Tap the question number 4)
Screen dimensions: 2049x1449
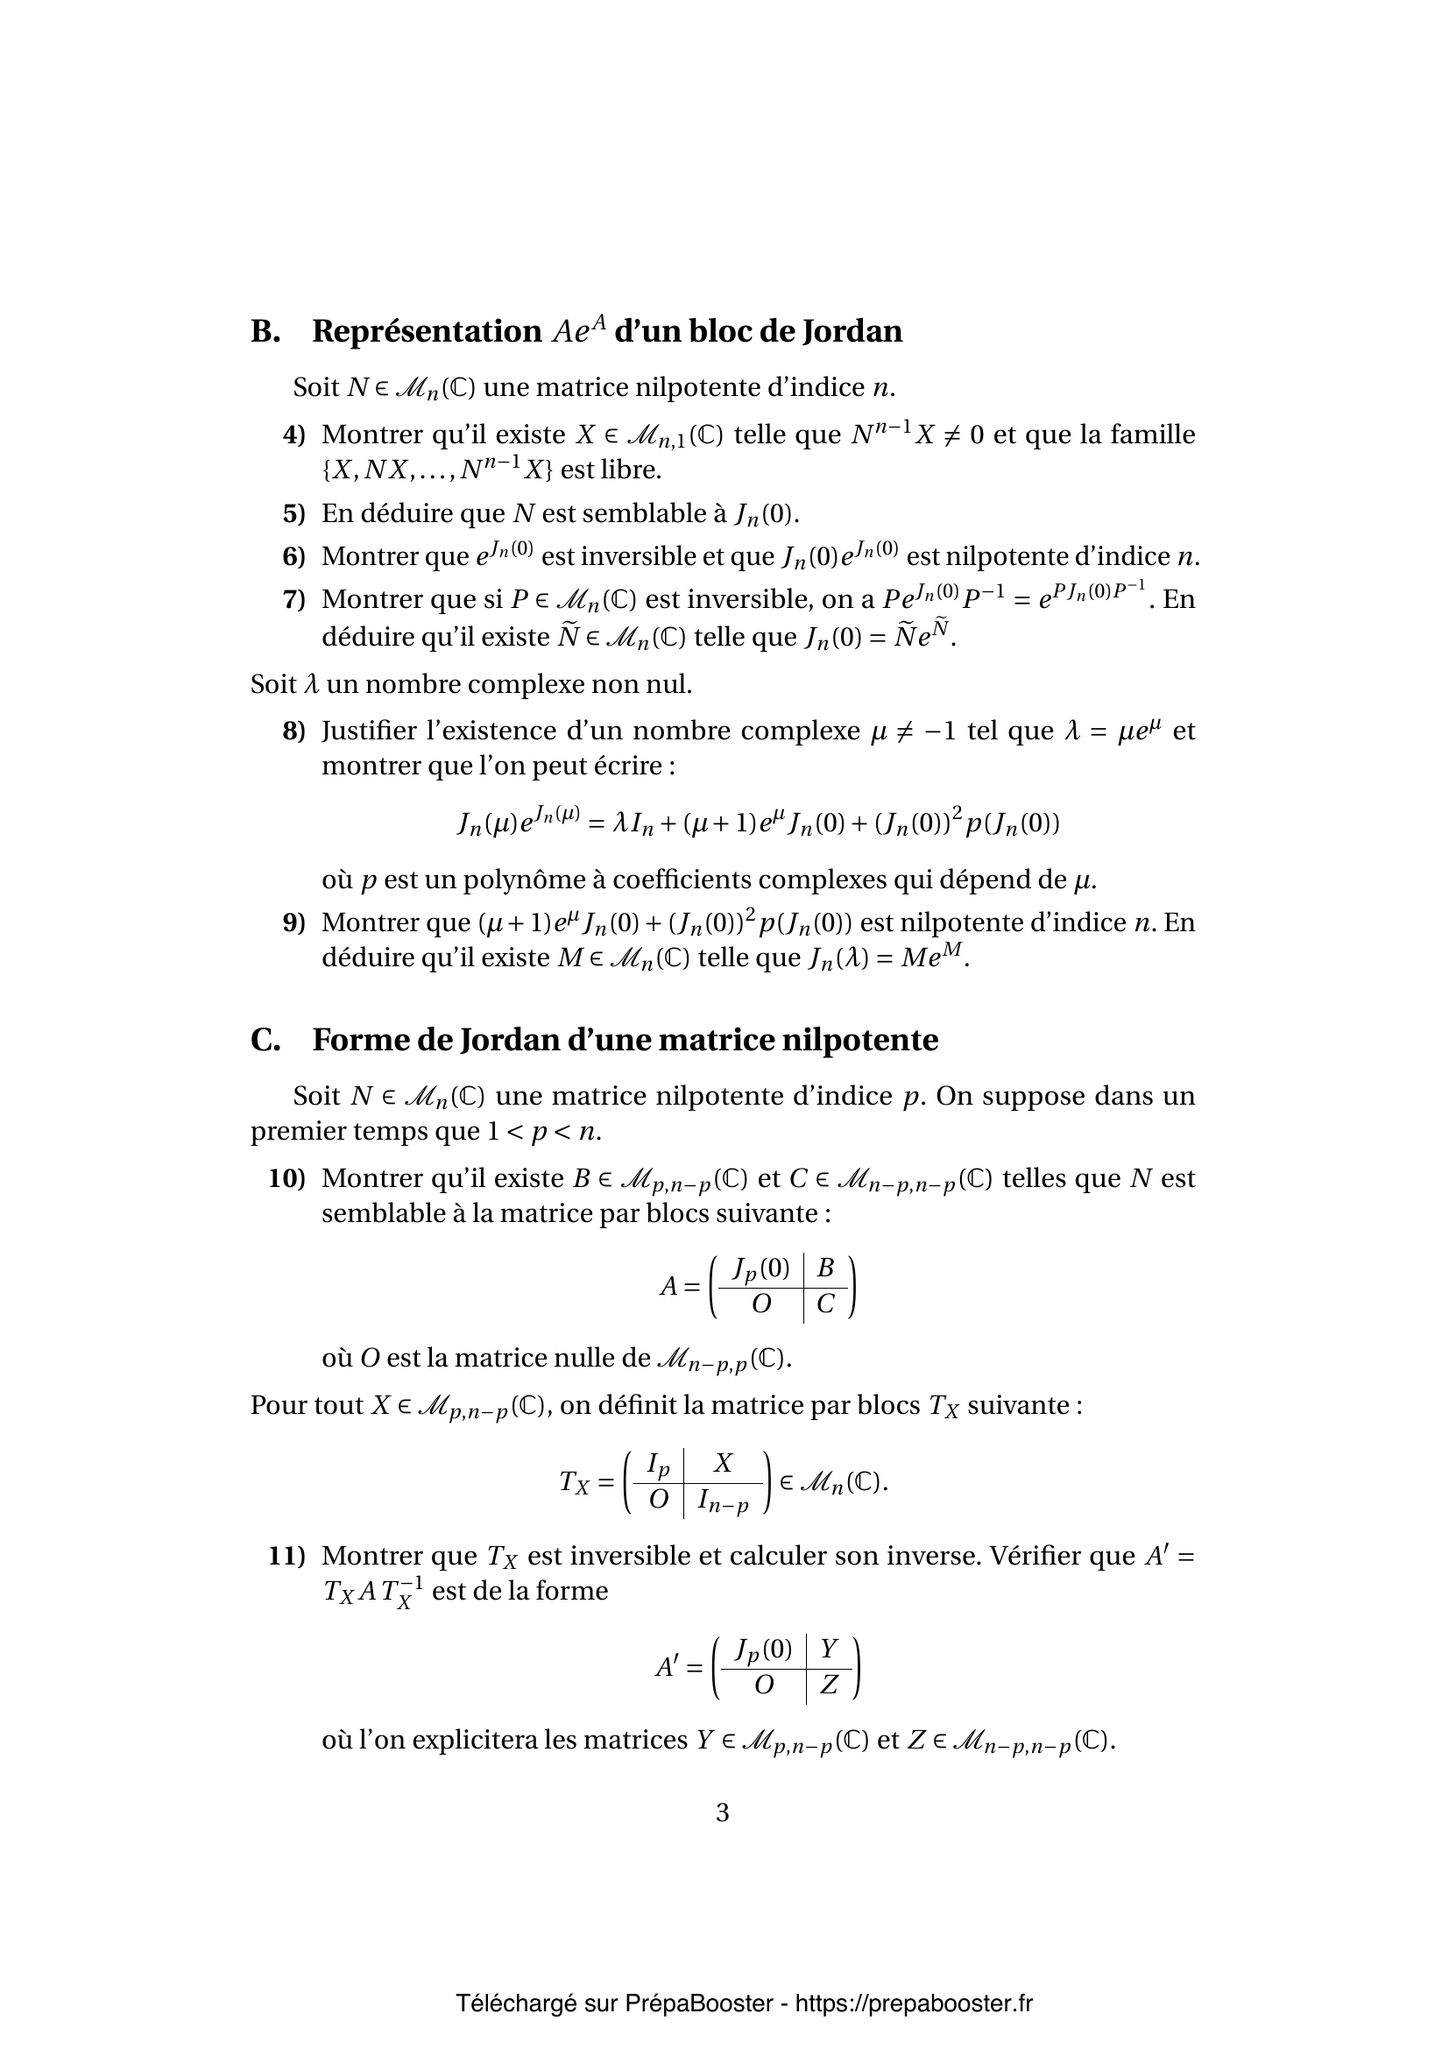[x=293, y=435]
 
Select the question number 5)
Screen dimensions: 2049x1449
[x=293, y=513]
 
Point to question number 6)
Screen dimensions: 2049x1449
[x=293, y=556]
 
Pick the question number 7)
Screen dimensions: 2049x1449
[x=293, y=599]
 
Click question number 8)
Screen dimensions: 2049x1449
[x=293, y=731]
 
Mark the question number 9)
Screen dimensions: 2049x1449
[x=293, y=922]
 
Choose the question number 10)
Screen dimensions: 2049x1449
[x=286, y=1178]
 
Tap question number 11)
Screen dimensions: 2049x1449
[x=286, y=1556]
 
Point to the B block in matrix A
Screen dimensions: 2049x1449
[x=825, y=1268]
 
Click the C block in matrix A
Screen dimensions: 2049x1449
[x=825, y=1304]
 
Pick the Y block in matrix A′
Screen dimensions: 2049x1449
[x=829, y=1649]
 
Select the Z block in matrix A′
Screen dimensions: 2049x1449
[x=829, y=1685]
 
